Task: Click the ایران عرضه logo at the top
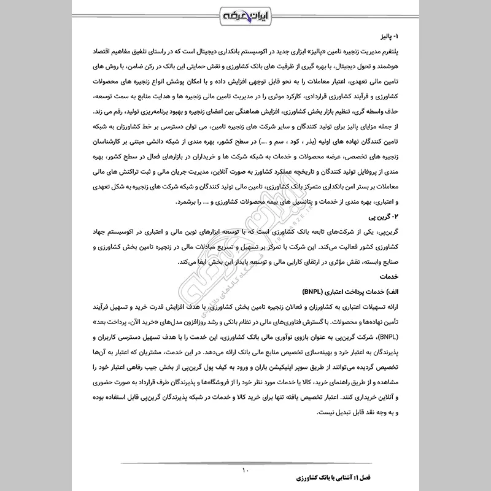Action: click(245, 14)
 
